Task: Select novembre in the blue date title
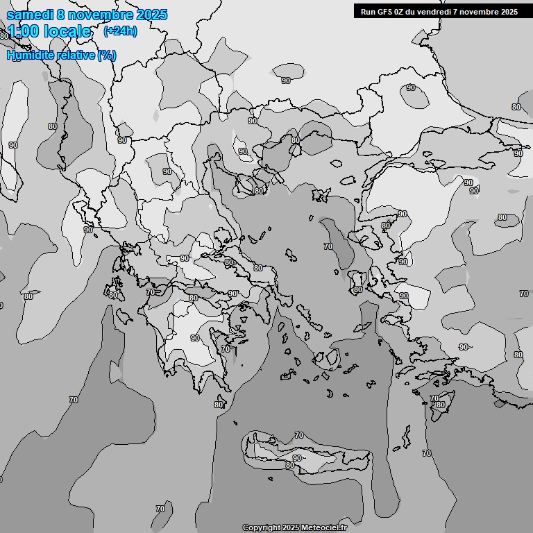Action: coord(104,15)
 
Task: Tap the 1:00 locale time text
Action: coord(49,31)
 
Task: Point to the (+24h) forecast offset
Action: coord(120,31)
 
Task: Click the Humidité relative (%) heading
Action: coord(61,55)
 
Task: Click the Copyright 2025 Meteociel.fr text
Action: coord(294,527)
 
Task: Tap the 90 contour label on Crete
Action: coord(297,458)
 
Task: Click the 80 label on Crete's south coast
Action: coord(290,465)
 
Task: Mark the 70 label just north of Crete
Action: coord(298,435)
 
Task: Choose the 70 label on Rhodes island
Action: coord(434,398)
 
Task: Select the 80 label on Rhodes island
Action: coord(440,405)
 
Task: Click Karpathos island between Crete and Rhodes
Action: coord(406,436)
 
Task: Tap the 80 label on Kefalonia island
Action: coord(113,295)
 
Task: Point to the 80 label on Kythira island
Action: coord(219,405)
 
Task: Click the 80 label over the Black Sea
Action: coord(516,107)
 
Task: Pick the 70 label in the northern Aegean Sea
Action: coord(328,246)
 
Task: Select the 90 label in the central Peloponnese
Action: coord(195,338)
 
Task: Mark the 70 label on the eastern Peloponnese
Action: coord(225,350)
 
